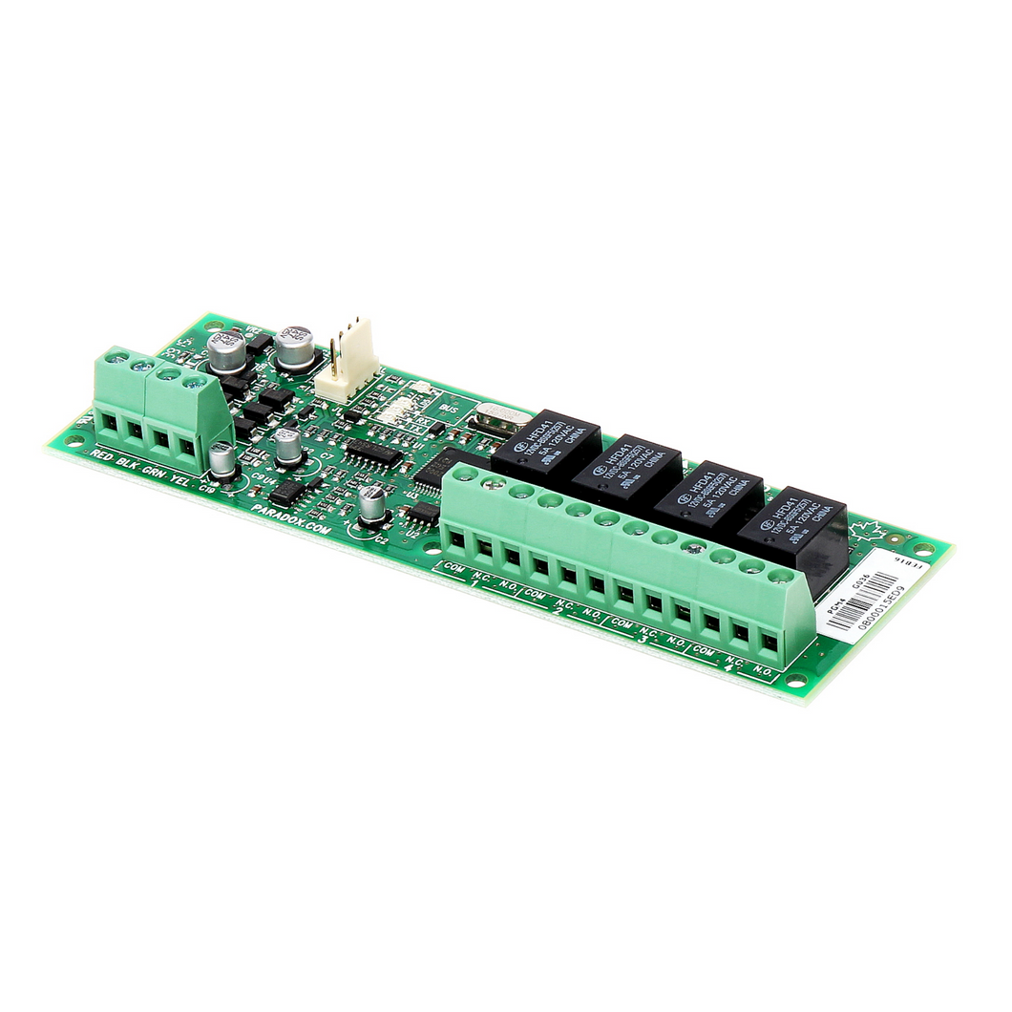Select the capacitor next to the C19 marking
pos(222,460)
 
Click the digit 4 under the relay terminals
pos(729,668)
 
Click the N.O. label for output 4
pos(762,671)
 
